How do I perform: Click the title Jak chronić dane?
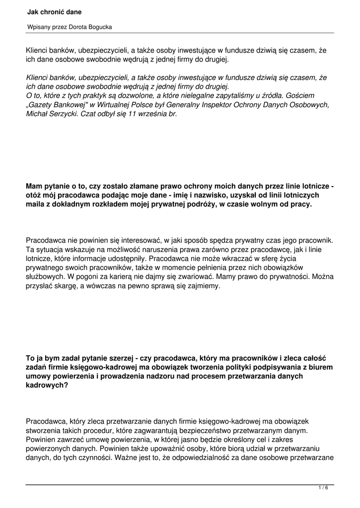[55, 11]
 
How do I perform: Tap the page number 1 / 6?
[323, 488]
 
